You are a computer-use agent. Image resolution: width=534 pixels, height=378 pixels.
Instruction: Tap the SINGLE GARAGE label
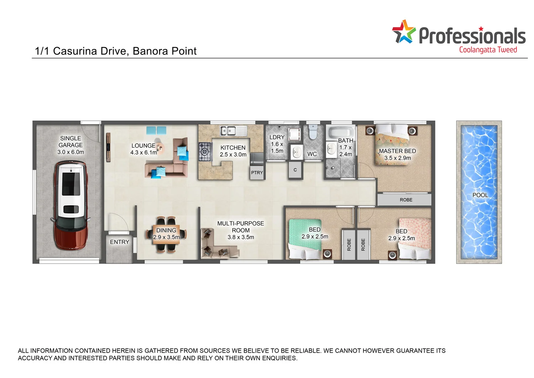tap(70, 142)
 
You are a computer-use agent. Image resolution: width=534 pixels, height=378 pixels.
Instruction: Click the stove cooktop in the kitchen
tap(205, 152)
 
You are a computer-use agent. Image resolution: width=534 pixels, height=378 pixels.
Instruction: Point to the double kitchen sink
tap(228, 131)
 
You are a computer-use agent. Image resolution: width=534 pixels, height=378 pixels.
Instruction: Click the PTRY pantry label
tap(257, 173)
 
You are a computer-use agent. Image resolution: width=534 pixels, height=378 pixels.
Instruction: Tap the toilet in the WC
tap(313, 132)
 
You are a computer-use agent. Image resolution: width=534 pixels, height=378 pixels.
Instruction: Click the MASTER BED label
tap(397, 151)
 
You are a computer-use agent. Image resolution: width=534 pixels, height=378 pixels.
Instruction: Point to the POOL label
tap(480, 195)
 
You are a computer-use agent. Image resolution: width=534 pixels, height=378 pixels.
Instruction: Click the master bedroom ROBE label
tap(406, 200)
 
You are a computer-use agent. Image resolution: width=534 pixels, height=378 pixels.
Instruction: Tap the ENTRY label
tap(120, 242)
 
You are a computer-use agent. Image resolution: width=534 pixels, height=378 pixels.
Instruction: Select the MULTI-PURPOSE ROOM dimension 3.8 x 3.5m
tap(241, 237)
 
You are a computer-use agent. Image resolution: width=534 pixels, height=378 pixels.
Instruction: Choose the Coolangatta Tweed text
tap(488, 50)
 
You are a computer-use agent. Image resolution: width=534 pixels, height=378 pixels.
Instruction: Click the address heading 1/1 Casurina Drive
tap(116, 51)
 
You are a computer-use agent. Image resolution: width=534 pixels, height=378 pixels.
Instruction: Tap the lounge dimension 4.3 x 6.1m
tap(143, 153)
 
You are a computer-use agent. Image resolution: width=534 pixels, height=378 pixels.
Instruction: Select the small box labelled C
tap(295, 170)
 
